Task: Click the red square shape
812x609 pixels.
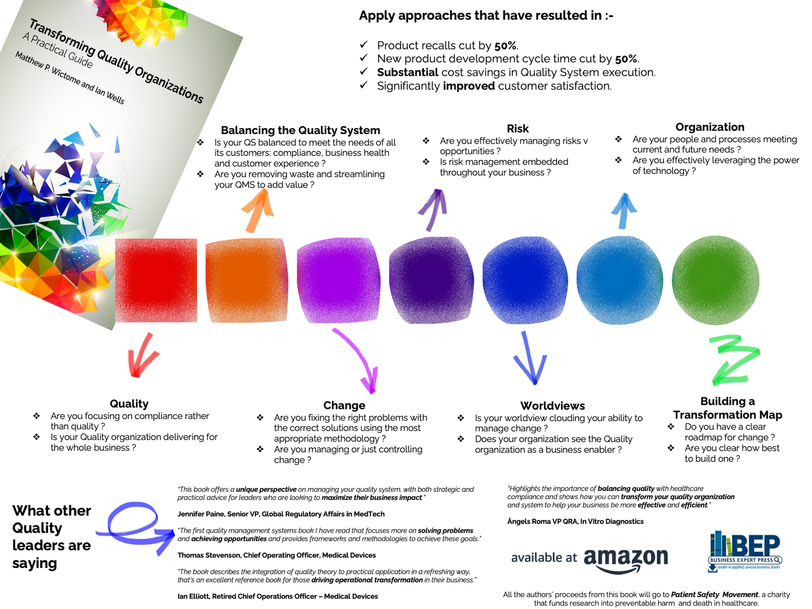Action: coord(156,280)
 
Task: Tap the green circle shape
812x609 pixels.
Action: coord(716,280)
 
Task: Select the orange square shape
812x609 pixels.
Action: coord(247,280)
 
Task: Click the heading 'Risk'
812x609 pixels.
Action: coord(518,129)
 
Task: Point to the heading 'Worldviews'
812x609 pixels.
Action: coord(552,406)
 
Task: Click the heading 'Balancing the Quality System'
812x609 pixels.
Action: coord(300,130)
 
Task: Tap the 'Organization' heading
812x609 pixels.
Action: coord(710,127)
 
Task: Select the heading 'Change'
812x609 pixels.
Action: coord(344,405)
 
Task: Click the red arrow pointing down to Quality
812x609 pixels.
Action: coord(142,356)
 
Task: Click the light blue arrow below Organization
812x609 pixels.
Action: coord(623,211)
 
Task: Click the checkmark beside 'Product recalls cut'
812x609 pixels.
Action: coord(364,44)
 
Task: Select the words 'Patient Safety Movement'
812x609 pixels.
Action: coord(714,595)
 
